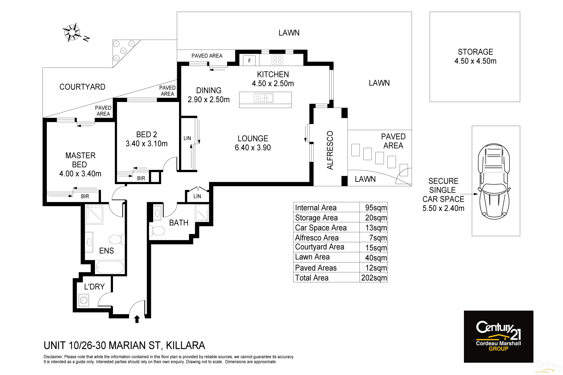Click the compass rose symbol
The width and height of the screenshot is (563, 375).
click(x=72, y=32)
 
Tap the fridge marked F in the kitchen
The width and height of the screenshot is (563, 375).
click(x=249, y=60)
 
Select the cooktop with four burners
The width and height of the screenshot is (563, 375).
click(x=277, y=60)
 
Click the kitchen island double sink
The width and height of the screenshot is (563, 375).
click(x=264, y=98)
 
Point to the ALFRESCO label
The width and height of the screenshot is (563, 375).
click(x=330, y=150)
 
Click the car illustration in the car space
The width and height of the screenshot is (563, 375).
click(x=494, y=182)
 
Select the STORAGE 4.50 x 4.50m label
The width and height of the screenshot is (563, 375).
click(x=475, y=57)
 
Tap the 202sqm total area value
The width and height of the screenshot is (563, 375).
click(x=374, y=278)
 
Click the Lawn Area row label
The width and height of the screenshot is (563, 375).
click(x=312, y=257)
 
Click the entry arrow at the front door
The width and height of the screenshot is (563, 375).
click(x=137, y=319)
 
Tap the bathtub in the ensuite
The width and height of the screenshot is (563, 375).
click(x=110, y=267)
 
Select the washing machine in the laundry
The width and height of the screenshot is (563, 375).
click(x=84, y=300)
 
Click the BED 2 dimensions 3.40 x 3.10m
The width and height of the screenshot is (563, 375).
click(x=146, y=144)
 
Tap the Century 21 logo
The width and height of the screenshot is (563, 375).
click(x=498, y=336)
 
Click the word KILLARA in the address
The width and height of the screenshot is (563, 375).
click(x=185, y=345)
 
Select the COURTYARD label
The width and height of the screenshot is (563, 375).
click(x=82, y=87)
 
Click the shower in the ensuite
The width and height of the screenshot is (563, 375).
click(x=94, y=214)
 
